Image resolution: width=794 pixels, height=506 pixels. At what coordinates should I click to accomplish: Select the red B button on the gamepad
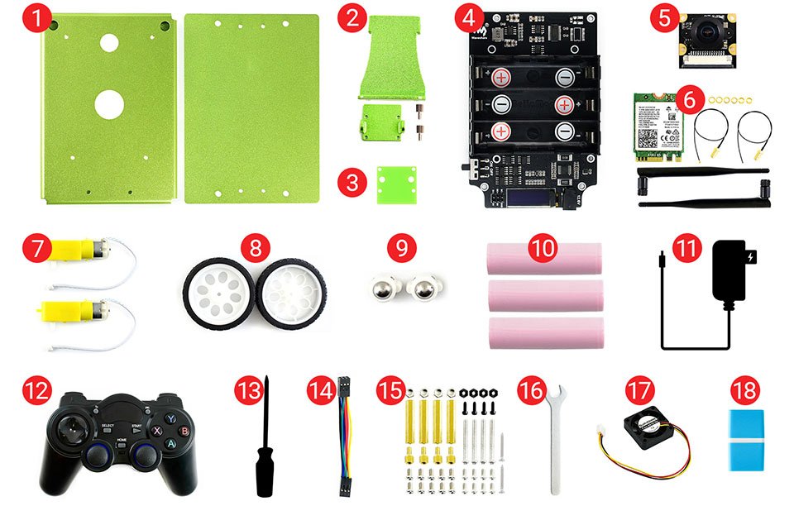[184, 430]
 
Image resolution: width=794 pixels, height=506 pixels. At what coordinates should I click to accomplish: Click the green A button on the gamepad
[171, 443]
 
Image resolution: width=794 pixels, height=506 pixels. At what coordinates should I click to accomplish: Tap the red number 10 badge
[542, 247]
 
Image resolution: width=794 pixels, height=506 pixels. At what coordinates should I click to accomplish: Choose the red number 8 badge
[256, 247]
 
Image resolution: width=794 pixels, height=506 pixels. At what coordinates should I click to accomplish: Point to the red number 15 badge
[390, 388]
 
